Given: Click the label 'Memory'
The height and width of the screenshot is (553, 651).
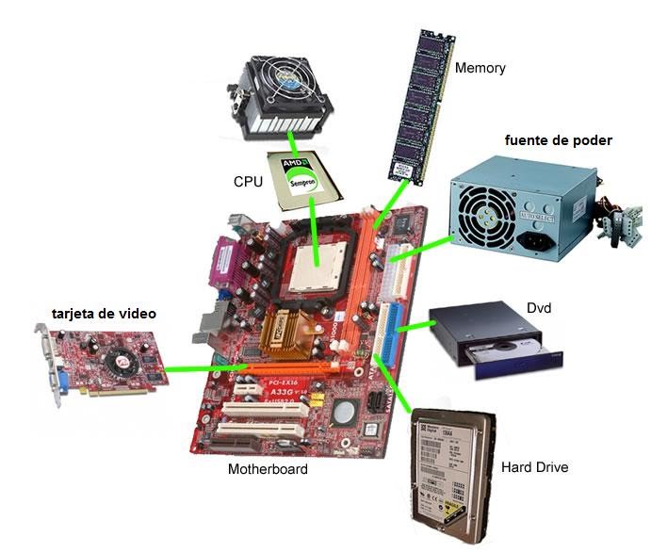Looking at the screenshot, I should point(480,68).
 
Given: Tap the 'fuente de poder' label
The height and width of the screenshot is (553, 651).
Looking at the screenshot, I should point(558,140).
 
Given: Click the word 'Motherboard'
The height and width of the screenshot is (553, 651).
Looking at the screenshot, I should point(268,468).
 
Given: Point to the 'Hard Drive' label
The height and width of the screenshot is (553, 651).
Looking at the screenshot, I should point(534,466).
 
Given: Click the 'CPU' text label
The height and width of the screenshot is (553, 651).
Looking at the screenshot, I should point(247,179).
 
